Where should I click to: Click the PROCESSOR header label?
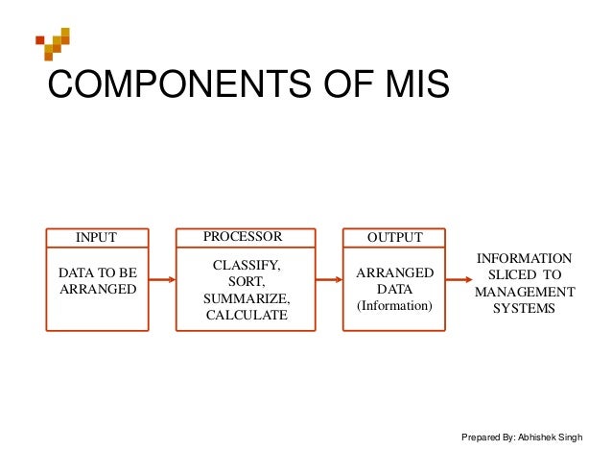coord(243,236)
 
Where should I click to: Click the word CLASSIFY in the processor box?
coord(245,263)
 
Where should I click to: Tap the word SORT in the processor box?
coord(245,280)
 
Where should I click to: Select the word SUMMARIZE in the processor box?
coord(245,297)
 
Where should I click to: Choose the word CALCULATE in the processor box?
coord(245,315)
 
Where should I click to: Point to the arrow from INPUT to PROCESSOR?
coord(161,280)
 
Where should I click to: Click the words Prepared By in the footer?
coord(487,438)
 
